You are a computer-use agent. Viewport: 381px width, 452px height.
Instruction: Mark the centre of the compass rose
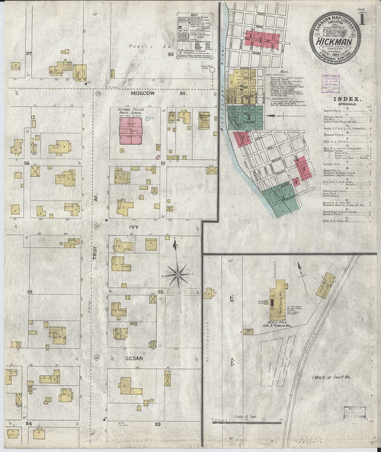(x=178, y=273)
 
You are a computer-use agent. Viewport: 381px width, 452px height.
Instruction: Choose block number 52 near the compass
(x=160, y=292)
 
